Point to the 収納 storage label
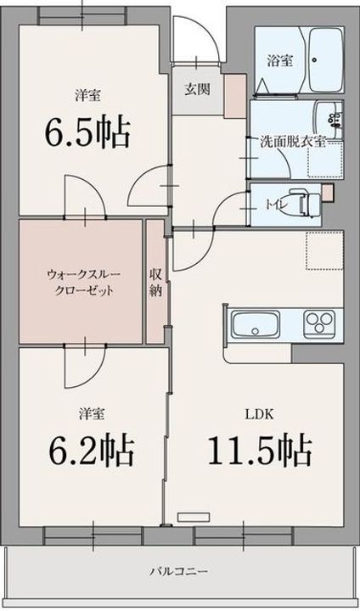click(x=156, y=281)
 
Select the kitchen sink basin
click(x=252, y=325)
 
